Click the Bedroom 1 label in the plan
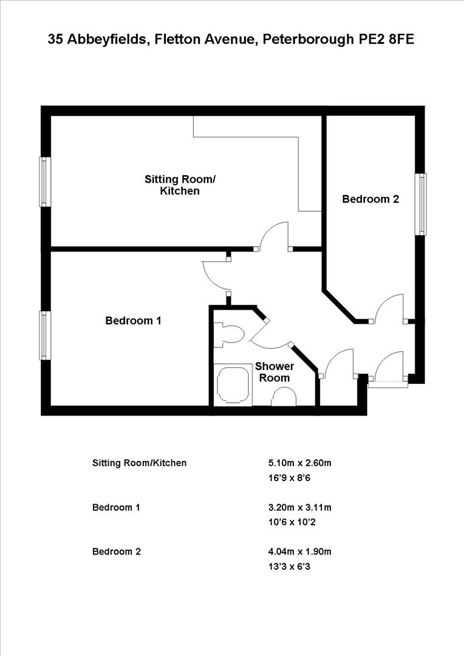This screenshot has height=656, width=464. pos(133,321)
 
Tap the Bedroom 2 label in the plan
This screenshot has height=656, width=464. pos(370,199)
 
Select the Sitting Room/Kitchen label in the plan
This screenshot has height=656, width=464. pos(179,185)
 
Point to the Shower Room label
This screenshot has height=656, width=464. pos(275,372)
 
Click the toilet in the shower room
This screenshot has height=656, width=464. pos(231,334)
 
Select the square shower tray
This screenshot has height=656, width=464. pos(233,384)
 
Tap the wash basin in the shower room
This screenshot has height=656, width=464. pos(284,397)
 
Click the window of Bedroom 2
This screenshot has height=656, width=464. pos(420,204)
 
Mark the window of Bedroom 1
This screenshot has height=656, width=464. pos(44,335)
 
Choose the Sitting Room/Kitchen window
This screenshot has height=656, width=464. pos(44,182)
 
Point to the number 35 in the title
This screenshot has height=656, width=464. pos(55,40)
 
